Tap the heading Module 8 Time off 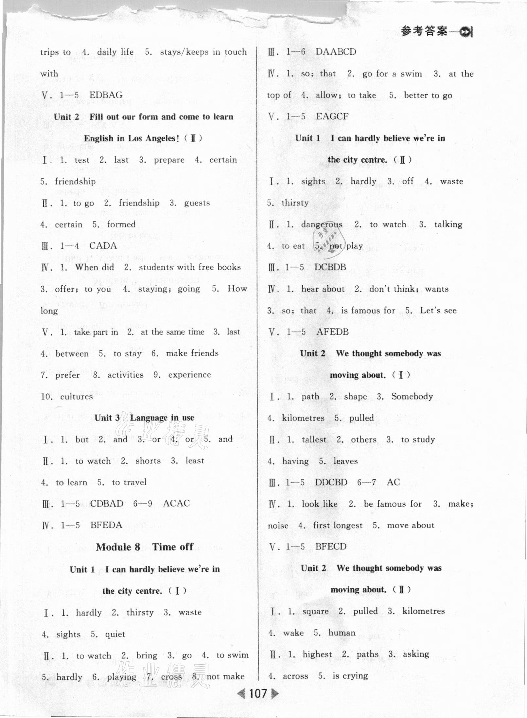(x=145, y=547)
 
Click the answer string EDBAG (x=106, y=95)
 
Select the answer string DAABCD (x=336, y=52)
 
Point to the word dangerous (x=321, y=224)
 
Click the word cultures (x=77, y=397)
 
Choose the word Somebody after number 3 (x=412, y=397)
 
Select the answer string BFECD (x=330, y=547)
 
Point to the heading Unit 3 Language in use (x=144, y=418)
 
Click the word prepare (x=169, y=160)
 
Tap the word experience (x=189, y=375)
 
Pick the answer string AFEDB (x=332, y=332)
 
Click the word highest (x=317, y=654)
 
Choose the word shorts (x=148, y=461)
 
